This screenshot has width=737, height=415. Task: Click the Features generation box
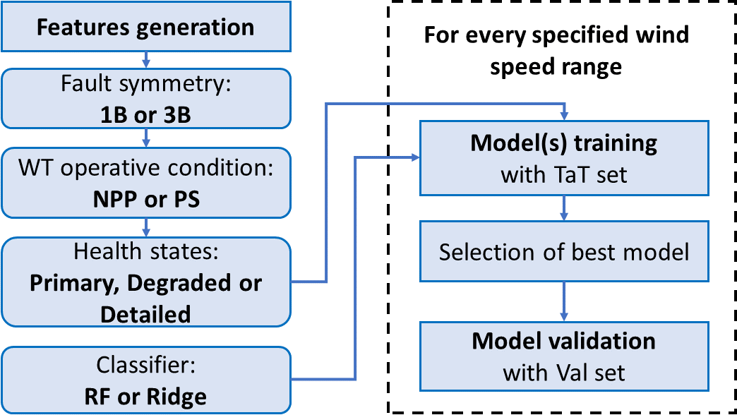pyautogui.click(x=145, y=28)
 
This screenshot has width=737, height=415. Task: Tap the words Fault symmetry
pyautogui.click(x=145, y=86)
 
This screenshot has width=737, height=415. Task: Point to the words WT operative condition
pyautogui.click(x=145, y=170)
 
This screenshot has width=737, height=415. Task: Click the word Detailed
pyautogui.click(x=145, y=313)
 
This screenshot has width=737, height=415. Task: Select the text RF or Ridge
pyautogui.click(x=145, y=396)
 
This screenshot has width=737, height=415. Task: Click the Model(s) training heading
pyautogui.click(x=563, y=143)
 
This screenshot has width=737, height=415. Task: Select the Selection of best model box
pyautogui.click(x=563, y=252)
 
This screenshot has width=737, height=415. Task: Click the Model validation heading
pyautogui.click(x=563, y=342)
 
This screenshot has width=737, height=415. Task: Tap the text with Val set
pyautogui.click(x=563, y=372)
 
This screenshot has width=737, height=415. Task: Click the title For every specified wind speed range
pyautogui.click(x=556, y=50)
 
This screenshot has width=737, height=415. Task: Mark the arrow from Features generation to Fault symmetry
pyautogui.click(x=145, y=57)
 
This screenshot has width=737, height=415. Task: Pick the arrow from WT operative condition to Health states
pyautogui.click(x=145, y=227)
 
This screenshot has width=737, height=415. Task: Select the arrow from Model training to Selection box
pyautogui.click(x=563, y=208)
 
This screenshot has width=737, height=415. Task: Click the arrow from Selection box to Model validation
pyautogui.click(x=563, y=302)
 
